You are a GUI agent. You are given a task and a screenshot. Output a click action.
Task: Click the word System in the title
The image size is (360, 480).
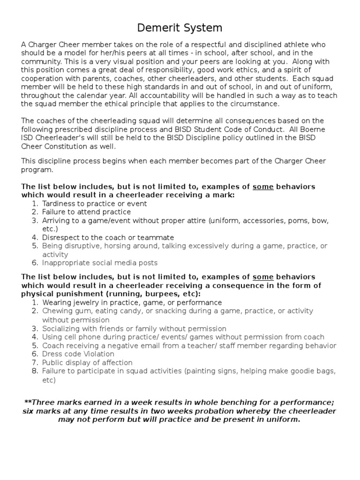click(201, 28)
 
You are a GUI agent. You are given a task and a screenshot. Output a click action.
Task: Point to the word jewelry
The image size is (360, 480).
click(85, 302)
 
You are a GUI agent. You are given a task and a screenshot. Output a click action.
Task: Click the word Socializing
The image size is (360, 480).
click(61, 329)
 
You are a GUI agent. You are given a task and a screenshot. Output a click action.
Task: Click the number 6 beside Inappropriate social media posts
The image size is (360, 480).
click(35, 263)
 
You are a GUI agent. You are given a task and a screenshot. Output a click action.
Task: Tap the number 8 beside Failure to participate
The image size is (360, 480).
click(35, 371)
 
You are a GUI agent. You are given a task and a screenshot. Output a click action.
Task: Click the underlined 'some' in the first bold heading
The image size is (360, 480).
click(263, 187)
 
